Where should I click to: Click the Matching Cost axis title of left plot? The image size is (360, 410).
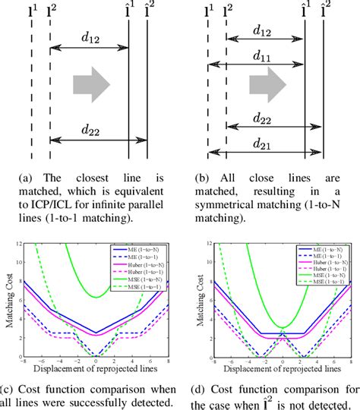tap(8, 301)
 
